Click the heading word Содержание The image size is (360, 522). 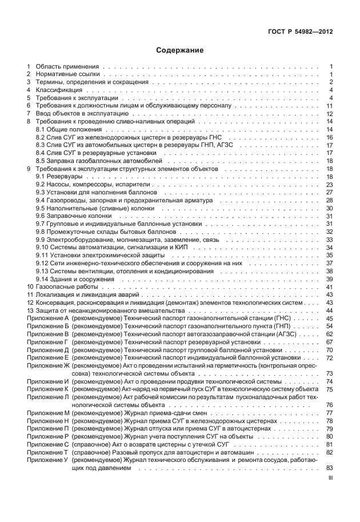(180, 50)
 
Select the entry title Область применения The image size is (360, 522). (67, 66)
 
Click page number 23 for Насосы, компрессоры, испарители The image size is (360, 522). (329, 185)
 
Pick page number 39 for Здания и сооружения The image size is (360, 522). (329, 279)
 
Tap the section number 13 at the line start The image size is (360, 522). (30, 310)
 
